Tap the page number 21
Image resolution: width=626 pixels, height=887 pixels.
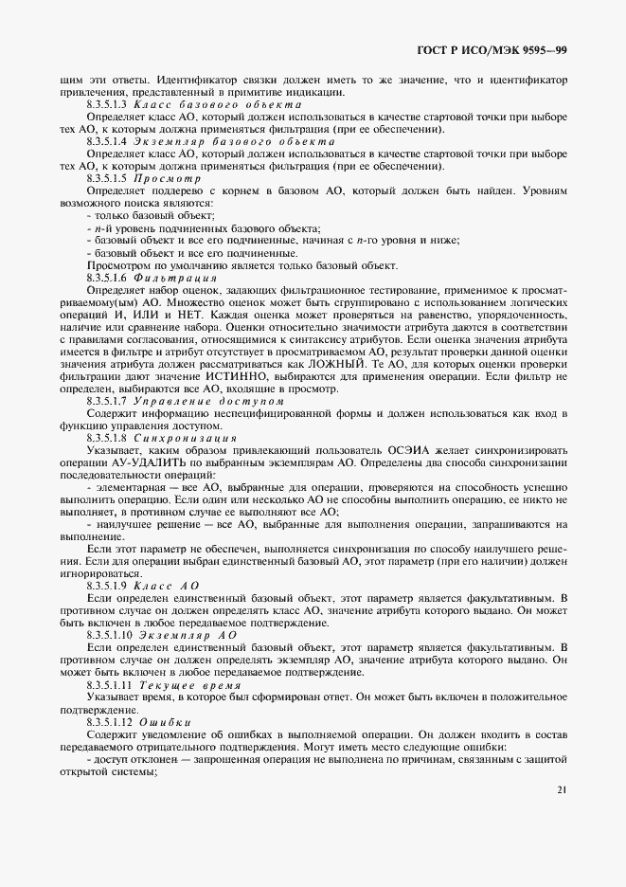coord(562,790)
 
